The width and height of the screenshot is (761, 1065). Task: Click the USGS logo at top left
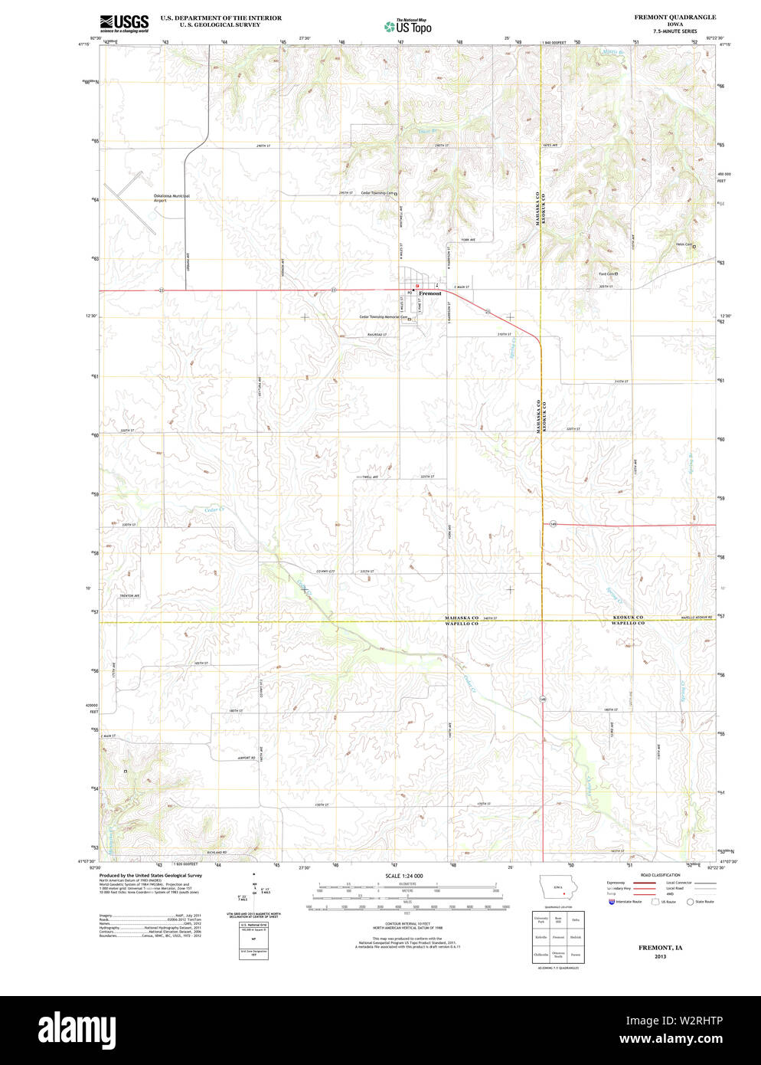coord(124,22)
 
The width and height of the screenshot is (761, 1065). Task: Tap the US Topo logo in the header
coord(408,27)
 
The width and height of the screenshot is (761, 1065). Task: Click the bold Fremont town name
coord(430,293)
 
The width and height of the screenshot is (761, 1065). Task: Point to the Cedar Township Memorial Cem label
coord(383,317)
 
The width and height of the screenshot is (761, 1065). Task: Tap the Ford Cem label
coord(607,274)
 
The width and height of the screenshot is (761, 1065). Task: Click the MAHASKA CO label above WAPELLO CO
coord(462,618)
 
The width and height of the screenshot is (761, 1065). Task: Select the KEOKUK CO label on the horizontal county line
coord(628,618)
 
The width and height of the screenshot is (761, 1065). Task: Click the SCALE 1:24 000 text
coord(403,876)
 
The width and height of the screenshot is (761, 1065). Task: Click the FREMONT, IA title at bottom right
coord(660,948)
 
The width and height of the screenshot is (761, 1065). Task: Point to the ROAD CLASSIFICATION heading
coord(660,875)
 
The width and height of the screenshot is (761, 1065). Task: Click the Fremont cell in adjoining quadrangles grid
coord(558,937)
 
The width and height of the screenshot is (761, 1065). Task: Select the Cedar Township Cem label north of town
coord(377,193)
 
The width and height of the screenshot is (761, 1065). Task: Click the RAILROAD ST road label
coord(377,335)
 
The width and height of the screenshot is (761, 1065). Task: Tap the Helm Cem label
coord(683,245)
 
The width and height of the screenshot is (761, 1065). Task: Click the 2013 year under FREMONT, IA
coord(660,957)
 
